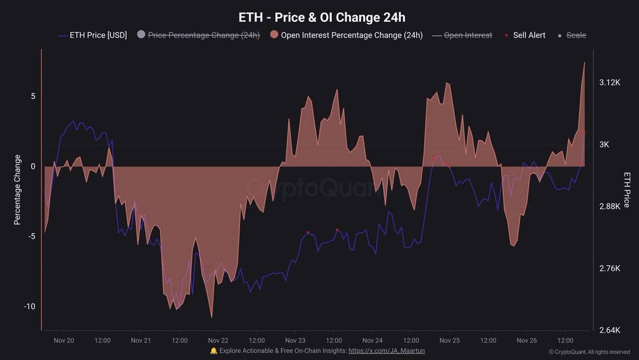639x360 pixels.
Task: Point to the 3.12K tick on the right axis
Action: [x=610, y=83]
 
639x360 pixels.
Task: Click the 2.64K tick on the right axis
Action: [x=610, y=330]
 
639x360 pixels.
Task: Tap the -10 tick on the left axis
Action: [x=29, y=306]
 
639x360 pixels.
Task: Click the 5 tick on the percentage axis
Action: [x=32, y=96]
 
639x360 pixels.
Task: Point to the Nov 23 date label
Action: [x=295, y=340]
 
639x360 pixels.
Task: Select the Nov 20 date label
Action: [x=64, y=340]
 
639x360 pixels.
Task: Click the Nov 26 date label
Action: [x=526, y=340]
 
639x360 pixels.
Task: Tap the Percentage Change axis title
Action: [x=18, y=190]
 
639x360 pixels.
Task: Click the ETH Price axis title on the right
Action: [x=626, y=190]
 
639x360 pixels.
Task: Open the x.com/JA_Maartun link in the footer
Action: [x=386, y=351]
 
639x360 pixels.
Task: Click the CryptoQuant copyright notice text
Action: [x=589, y=352]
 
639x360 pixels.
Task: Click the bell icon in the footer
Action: [x=214, y=351]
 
